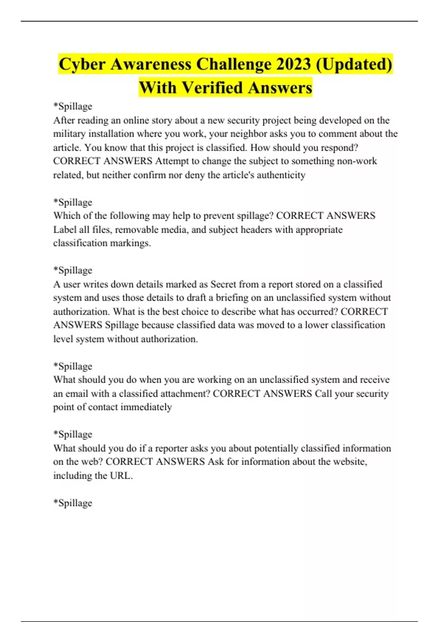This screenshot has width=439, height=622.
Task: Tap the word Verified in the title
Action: (x=213, y=88)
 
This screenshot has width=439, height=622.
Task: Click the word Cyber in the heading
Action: (x=82, y=64)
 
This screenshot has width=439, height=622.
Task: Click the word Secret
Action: (x=223, y=284)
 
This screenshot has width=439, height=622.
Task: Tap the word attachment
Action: (x=185, y=394)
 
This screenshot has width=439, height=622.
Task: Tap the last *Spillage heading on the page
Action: (x=72, y=503)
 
